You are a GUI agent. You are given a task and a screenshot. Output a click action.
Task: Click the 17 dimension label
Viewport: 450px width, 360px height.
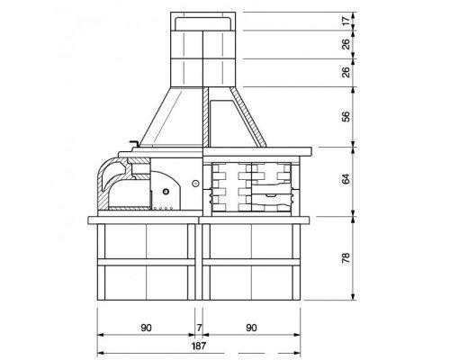pyautogui.click(x=346, y=21)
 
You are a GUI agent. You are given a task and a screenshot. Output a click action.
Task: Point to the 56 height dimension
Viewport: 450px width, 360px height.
pyautogui.click(x=346, y=116)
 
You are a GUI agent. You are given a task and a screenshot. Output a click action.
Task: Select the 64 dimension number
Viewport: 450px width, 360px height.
pyautogui.click(x=346, y=179)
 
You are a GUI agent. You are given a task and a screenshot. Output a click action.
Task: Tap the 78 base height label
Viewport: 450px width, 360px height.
pyautogui.click(x=346, y=257)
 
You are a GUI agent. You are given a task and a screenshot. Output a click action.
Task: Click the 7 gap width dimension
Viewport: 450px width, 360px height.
pyautogui.click(x=199, y=328)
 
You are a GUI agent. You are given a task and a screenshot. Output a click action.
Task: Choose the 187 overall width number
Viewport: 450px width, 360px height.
pyautogui.click(x=199, y=346)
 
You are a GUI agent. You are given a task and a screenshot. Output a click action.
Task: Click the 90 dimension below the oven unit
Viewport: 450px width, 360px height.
pyautogui.click(x=146, y=328)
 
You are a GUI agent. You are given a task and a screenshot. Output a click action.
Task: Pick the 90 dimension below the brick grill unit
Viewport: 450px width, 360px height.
pyautogui.click(x=251, y=328)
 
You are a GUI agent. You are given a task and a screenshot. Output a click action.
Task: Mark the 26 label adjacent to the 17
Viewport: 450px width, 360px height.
pyautogui.click(x=346, y=44)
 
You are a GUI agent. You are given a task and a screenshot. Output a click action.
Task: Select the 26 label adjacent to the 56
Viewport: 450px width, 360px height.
pyautogui.click(x=346, y=72)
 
